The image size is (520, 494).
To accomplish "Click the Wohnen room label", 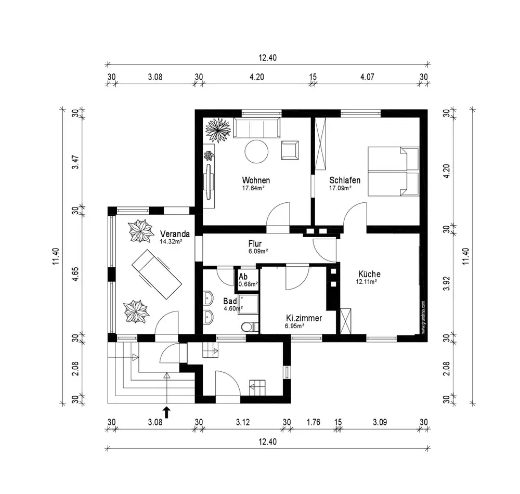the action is tap(256, 180).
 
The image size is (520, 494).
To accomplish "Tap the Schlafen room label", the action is tap(345, 180).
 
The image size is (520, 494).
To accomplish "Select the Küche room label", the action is tap(369, 274).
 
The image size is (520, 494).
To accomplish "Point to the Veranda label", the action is tap(175, 233).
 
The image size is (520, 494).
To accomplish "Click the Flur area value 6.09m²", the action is tap(258, 251).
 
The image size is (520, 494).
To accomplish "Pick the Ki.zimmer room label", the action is tap(304, 318).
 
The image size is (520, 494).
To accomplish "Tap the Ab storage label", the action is tap(243, 277).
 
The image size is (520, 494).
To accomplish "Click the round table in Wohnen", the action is tap(256, 151).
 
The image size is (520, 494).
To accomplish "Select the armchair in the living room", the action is tap(290, 150).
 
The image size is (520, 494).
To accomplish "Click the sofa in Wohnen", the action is tap(257, 127).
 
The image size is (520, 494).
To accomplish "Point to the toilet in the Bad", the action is tap(250, 327).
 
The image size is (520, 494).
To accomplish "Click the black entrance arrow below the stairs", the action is tap(166, 412).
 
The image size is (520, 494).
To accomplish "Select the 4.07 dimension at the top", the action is tap(367, 77).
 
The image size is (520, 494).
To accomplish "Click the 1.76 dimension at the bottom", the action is tap(313, 422).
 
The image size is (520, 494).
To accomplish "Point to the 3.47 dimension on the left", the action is tap(76, 162).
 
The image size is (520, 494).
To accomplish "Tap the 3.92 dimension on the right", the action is tap(447, 283).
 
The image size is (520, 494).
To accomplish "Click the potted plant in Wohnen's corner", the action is tap(218, 131).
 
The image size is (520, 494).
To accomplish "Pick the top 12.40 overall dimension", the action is tap(267, 58).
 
